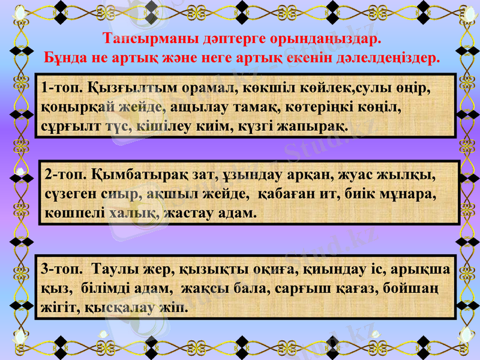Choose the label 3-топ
pyautogui.click(x=62, y=271)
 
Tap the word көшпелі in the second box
pyautogui.click(x=75, y=212)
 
